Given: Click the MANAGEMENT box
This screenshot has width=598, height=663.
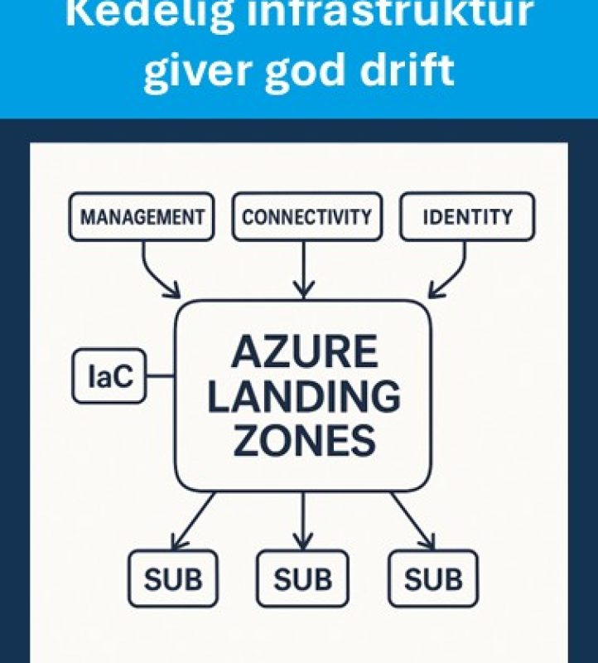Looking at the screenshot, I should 142,217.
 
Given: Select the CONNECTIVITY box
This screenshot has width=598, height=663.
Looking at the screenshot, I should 306,217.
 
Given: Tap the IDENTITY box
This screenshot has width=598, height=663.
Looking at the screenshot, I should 467,217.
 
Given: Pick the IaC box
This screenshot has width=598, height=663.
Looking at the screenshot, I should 109,377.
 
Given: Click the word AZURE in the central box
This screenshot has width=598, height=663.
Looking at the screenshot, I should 303,353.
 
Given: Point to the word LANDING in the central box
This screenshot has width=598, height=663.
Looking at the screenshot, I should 303,397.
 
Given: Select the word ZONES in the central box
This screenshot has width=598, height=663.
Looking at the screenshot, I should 303,441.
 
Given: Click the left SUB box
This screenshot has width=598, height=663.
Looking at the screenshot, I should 173,578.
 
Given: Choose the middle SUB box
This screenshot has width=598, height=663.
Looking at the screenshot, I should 302,578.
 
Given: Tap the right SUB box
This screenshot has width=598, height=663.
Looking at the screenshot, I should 433,578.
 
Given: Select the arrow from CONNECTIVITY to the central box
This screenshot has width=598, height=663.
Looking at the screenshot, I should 304,269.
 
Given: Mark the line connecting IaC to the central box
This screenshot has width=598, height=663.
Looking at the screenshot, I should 159,377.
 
